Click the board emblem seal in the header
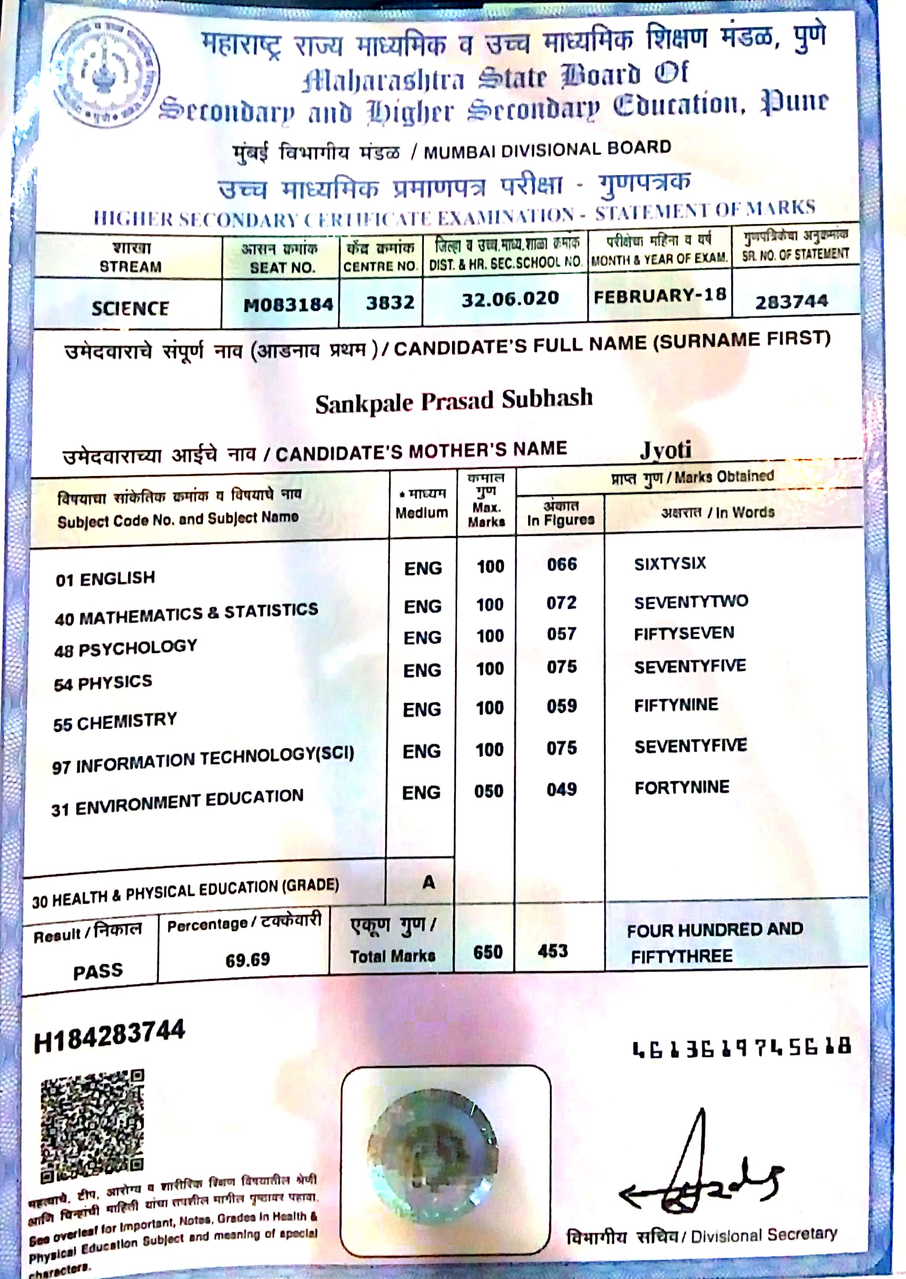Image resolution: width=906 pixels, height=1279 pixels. [104, 72]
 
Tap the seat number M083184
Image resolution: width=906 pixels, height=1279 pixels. [288, 305]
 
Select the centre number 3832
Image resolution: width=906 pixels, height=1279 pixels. [390, 302]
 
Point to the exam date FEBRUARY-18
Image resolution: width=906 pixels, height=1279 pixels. [659, 296]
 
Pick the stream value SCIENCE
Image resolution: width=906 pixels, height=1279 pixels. [130, 308]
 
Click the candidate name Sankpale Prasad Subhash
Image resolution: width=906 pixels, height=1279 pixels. [453, 401]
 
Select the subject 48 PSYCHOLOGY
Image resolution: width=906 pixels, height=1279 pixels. [126, 648]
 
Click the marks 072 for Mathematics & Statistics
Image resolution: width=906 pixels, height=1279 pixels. [561, 603]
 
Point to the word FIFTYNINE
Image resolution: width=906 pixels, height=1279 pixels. [676, 705]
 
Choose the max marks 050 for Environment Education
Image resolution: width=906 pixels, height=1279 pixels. [489, 791]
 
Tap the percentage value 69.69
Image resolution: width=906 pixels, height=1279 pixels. [247, 960]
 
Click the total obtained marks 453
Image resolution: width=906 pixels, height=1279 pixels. [552, 951]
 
